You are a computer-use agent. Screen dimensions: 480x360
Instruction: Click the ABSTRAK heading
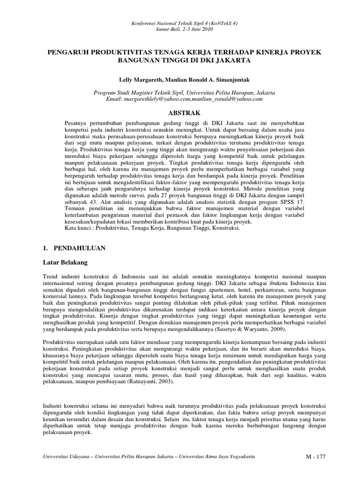pyautogui.click(x=180, y=113)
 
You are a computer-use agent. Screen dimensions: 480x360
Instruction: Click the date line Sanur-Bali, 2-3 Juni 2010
pyautogui.click(x=180, y=29)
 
